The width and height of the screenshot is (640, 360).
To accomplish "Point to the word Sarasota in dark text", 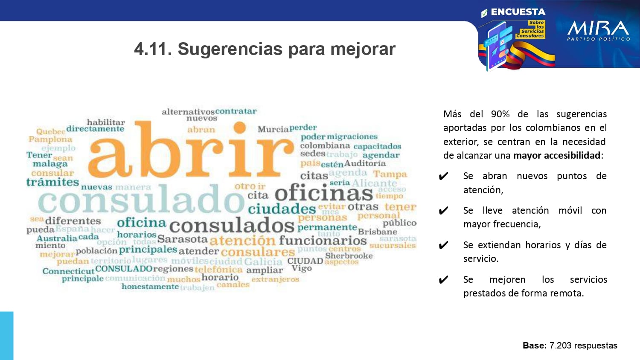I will click(183, 239).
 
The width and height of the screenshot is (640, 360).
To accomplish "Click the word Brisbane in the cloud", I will click(377, 232).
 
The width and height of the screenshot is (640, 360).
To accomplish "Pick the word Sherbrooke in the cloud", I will click(349, 255).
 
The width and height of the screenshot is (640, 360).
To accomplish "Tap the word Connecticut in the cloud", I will click(68, 271).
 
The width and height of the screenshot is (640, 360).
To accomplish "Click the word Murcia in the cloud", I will click(273, 129).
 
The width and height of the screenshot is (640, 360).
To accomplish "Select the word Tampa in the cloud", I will click(390, 174).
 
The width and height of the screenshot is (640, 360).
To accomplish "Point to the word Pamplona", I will click(50, 139).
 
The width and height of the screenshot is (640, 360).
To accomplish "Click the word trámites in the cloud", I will click(52, 182).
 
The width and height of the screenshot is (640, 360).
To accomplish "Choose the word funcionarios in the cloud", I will click(323, 241).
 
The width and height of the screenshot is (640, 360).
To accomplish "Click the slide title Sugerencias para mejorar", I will click(265, 49).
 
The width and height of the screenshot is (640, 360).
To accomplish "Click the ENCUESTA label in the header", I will click(518, 12).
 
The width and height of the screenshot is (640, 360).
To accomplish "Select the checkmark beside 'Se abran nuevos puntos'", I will click(444, 176).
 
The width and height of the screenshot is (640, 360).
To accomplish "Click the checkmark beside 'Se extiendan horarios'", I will click(444, 245).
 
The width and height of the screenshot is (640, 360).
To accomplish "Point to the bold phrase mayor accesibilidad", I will click(557, 156).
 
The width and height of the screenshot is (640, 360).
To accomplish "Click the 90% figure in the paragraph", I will click(500, 114).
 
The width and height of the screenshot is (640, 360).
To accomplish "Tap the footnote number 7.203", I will click(560, 345).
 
